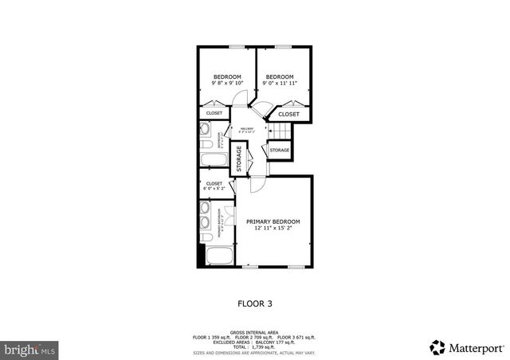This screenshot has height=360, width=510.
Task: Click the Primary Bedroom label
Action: point(273,221)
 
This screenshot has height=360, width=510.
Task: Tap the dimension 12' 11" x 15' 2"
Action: point(273,228)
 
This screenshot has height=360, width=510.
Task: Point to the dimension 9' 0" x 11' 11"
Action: point(279,83)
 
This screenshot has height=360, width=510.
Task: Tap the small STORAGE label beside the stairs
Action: point(279,150)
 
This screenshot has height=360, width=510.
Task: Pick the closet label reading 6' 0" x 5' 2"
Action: point(214,189)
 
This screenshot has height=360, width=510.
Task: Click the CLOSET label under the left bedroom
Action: point(214,113)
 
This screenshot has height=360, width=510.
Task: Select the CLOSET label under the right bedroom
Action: point(288,114)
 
